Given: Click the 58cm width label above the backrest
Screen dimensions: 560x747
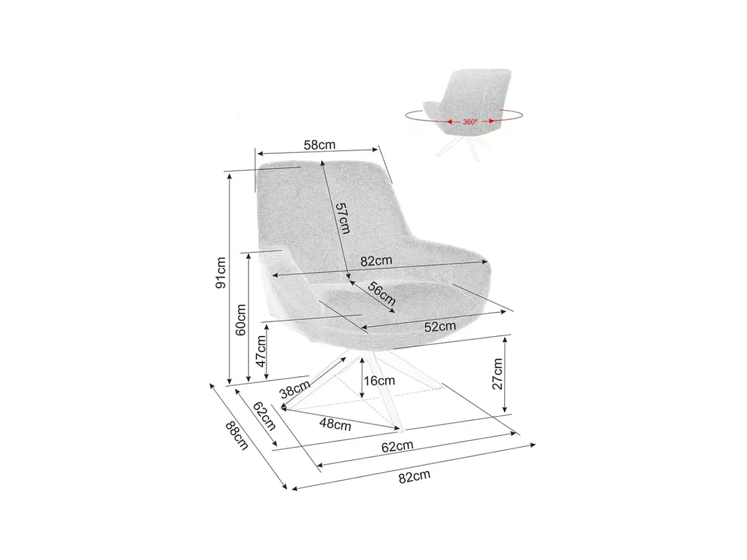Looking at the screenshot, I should point(319,145).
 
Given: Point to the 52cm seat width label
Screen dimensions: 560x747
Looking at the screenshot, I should point(440,326).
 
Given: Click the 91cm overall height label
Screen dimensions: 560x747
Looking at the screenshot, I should point(221,273).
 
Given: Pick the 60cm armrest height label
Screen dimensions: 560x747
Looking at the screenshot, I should point(241,319).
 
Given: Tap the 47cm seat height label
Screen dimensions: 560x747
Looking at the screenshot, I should point(261,351).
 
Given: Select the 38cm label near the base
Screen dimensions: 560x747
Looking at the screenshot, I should point(295,389).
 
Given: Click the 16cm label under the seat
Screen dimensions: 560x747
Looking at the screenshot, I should point(380,381).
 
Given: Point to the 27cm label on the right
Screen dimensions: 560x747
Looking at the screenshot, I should point(497,374).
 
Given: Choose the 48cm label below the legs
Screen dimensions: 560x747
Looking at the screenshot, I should point(335,424).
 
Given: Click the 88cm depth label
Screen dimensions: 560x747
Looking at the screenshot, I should point(237,435).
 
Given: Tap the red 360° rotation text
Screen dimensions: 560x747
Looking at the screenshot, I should point(471,122).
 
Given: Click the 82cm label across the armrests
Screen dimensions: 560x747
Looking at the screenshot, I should point(376,261).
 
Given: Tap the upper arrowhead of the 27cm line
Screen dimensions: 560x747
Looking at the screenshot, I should point(505,338).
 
